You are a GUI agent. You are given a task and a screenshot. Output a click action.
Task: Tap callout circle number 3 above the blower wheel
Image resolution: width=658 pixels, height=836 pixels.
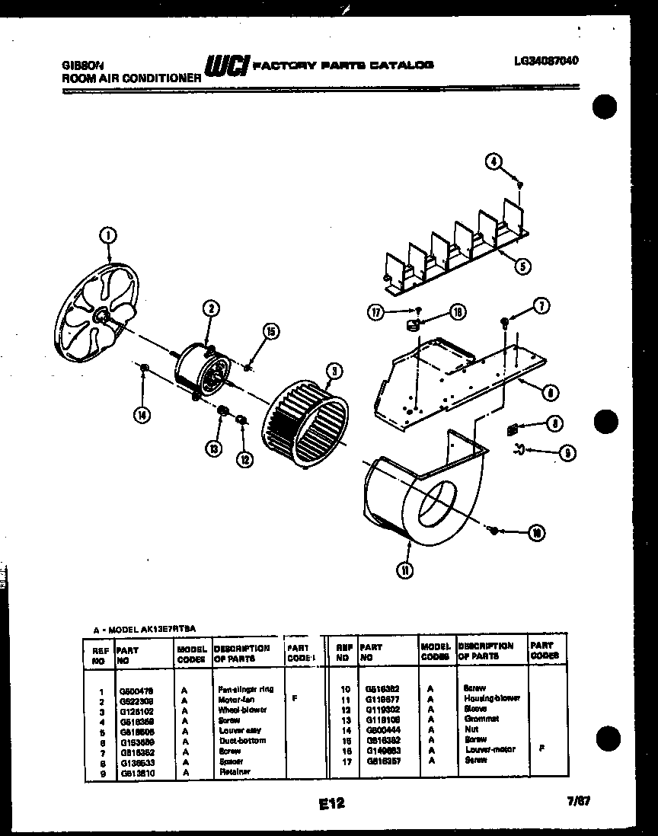tap(331, 372)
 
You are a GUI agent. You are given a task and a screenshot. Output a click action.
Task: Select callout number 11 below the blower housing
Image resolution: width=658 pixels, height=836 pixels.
tap(407, 570)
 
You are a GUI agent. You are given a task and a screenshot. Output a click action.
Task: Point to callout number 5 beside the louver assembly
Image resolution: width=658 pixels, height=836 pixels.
tap(523, 266)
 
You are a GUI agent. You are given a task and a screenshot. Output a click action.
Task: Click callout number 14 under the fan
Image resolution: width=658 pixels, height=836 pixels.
tap(142, 415)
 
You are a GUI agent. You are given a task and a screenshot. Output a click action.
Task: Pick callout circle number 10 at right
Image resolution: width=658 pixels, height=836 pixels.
tap(536, 534)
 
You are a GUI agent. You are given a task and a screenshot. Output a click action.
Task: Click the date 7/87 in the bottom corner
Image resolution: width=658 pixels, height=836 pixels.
tap(579, 802)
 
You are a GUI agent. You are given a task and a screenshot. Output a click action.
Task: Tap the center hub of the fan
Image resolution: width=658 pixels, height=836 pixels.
tap(104, 314)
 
